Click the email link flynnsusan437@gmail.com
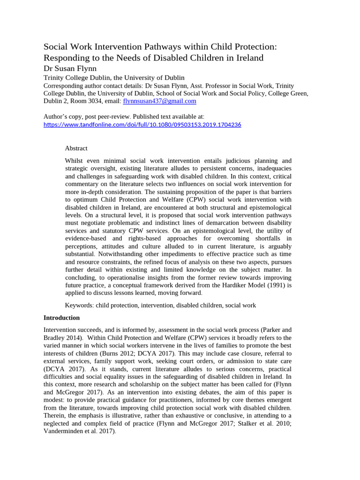point(159,101)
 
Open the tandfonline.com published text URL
point(142,125)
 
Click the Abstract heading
point(76,148)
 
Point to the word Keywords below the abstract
point(79,305)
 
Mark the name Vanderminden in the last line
point(64,431)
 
